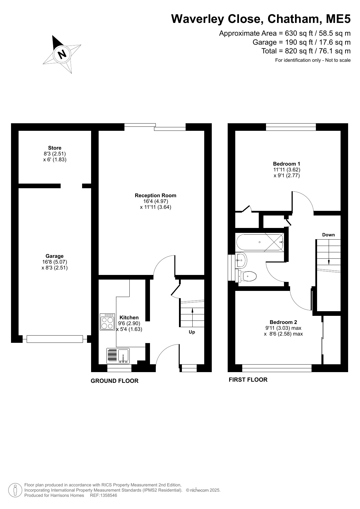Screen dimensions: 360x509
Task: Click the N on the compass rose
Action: point(62,54)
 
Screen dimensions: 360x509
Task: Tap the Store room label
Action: point(55,148)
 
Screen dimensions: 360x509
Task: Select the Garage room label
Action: point(55,256)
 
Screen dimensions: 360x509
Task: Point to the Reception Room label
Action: point(155,195)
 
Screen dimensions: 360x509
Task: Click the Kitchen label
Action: point(129,318)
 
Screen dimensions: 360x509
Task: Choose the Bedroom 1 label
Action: point(287,164)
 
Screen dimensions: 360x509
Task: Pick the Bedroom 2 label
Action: point(283,322)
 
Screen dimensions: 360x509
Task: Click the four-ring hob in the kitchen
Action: point(107,322)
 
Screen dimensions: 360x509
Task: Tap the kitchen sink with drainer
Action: point(118,356)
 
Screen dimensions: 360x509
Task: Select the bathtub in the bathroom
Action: point(260,242)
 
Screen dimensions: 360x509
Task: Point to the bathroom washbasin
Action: point(241,260)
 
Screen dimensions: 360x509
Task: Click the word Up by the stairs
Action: point(192,332)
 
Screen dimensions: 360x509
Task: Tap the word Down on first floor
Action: point(328,235)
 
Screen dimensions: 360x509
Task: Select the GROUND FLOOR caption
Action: point(115,381)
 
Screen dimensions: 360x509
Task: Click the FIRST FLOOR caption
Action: point(248,380)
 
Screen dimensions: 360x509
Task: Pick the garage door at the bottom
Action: point(55,339)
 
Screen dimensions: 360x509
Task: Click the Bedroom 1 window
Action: point(291,127)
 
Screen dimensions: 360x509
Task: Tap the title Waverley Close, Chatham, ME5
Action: point(261,19)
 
